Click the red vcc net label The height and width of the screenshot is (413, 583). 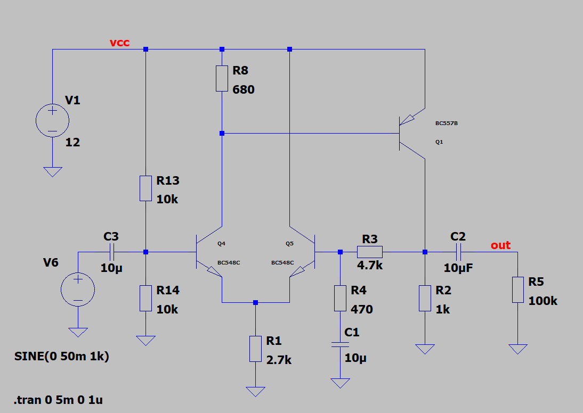click(119, 43)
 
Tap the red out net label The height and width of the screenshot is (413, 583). click(500, 245)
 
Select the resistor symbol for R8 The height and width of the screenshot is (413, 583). click(222, 78)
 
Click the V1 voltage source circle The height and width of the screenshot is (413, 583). click(52, 120)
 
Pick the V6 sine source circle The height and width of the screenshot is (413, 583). click(78, 290)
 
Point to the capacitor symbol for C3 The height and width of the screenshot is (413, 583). click(112, 252)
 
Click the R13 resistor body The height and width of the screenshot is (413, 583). click(146, 188)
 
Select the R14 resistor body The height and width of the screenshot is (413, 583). click(146, 298)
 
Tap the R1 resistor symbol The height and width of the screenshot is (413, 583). click(255, 349)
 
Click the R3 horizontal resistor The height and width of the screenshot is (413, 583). click(370, 252)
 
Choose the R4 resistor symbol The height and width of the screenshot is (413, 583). click(340, 298)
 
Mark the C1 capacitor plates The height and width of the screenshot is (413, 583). click(340, 345)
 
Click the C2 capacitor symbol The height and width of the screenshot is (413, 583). click(458, 252)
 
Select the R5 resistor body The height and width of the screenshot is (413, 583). click(518, 290)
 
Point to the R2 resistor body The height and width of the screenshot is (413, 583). click(425, 298)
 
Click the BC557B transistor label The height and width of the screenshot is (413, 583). click(447, 123)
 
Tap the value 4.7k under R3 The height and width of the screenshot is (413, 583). click(370, 265)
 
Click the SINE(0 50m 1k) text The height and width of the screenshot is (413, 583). click(62, 357)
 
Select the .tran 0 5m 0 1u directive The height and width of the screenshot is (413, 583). click(59, 400)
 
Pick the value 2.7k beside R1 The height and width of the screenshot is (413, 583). click(279, 360)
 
